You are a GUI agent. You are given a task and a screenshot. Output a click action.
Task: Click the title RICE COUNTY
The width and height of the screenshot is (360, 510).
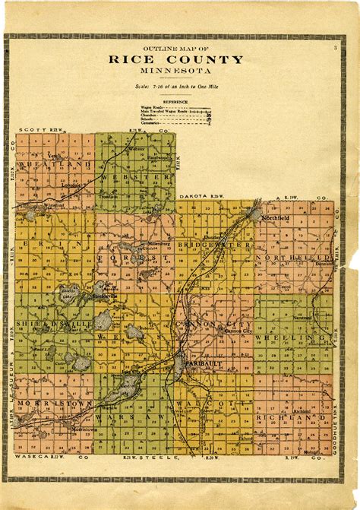[x=175, y=60]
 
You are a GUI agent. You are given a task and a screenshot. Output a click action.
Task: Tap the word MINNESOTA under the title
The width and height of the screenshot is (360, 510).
[x=175, y=71]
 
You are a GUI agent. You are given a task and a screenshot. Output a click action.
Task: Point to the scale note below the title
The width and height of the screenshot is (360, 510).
[x=175, y=88]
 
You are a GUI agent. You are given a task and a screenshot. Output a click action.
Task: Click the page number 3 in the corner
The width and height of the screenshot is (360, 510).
[x=334, y=48]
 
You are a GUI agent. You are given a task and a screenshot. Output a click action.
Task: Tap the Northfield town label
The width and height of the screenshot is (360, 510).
[x=278, y=218]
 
